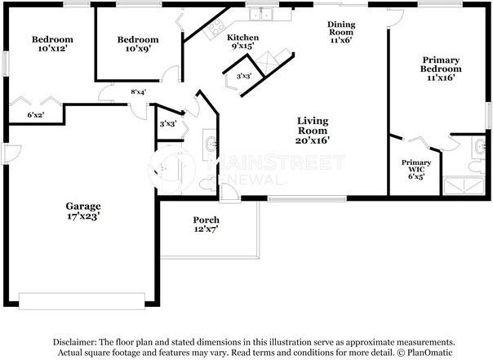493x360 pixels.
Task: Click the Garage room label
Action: tap(83, 211)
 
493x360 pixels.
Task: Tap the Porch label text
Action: tap(207, 224)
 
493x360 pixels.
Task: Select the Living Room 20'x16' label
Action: tap(313, 130)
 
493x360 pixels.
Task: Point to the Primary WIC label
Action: tap(416, 169)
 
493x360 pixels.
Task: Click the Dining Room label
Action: tap(341, 32)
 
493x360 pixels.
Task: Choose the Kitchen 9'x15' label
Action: tap(243, 42)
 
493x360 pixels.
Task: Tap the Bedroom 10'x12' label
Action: tap(52, 44)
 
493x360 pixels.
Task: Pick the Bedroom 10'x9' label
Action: tap(138, 44)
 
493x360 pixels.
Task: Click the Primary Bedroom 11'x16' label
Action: tap(441, 69)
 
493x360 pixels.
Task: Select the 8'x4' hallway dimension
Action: tap(139, 92)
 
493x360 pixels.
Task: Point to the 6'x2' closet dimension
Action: tap(36, 115)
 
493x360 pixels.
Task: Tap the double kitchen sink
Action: tap(261, 15)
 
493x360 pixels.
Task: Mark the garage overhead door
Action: tap(82, 301)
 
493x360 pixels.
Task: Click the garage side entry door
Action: tap(11, 153)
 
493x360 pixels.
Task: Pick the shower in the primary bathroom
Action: tap(464, 186)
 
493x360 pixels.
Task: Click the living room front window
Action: tap(307, 198)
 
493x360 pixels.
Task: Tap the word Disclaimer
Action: tap(74, 342)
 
